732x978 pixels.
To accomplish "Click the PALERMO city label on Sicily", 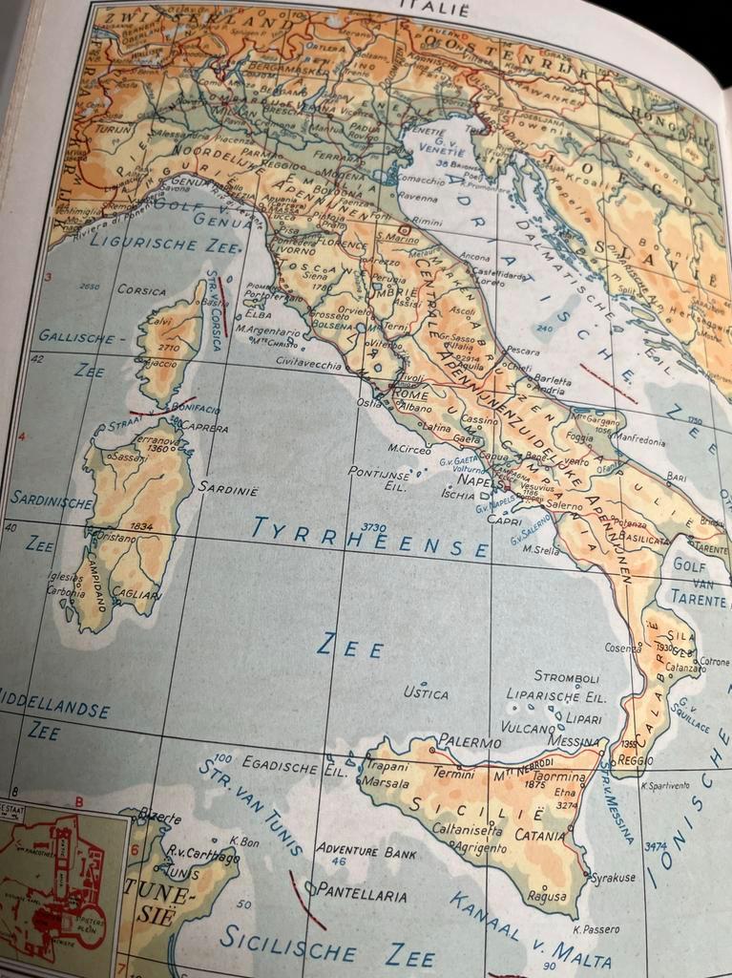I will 469,742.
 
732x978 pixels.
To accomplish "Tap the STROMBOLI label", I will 566,677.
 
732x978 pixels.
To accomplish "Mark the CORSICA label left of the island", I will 141,289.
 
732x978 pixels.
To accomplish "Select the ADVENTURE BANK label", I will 366,848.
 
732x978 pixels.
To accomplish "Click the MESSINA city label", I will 574,742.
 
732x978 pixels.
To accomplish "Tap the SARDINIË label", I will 228,487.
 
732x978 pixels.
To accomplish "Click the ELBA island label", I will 260,312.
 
